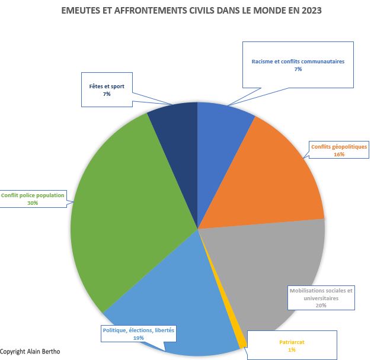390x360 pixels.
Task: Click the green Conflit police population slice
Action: (124, 213)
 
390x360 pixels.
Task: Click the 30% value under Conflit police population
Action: (33, 203)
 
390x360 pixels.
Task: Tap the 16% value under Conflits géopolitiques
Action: (339, 154)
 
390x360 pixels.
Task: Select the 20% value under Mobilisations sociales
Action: (321, 306)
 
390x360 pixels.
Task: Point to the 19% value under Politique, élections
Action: (139, 337)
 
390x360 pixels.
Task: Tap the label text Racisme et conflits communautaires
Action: (298, 62)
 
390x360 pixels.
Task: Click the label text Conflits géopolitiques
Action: (339, 146)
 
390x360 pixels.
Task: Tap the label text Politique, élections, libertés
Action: (139, 330)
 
